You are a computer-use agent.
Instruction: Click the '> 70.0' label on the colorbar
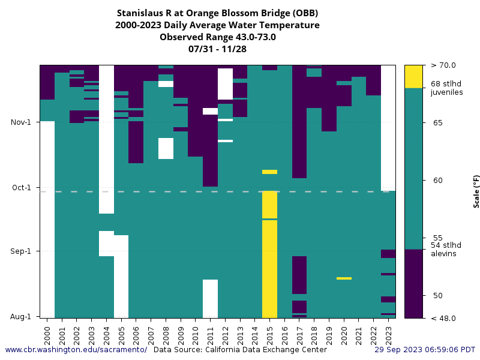click(x=443, y=65)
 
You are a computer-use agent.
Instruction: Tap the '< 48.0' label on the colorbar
click(x=443, y=318)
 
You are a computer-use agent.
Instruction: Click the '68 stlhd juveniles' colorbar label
click(x=446, y=88)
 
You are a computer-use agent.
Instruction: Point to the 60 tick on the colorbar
click(x=437, y=180)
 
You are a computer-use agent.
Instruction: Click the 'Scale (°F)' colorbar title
click(x=476, y=191)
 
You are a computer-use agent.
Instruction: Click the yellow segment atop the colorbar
click(x=413, y=76)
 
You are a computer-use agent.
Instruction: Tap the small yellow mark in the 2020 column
click(x=344, y=278)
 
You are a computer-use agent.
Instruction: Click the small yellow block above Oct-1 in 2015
click(x=269, y=172)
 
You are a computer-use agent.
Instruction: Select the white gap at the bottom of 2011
click(x=210, y=298)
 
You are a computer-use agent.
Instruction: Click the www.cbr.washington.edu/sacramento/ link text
click(x=76, y=349)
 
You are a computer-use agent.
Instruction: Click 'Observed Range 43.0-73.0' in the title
click(x=217, y=37)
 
